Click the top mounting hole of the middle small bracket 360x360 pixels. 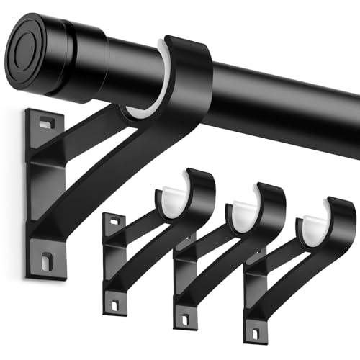click(x=182, y=236)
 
